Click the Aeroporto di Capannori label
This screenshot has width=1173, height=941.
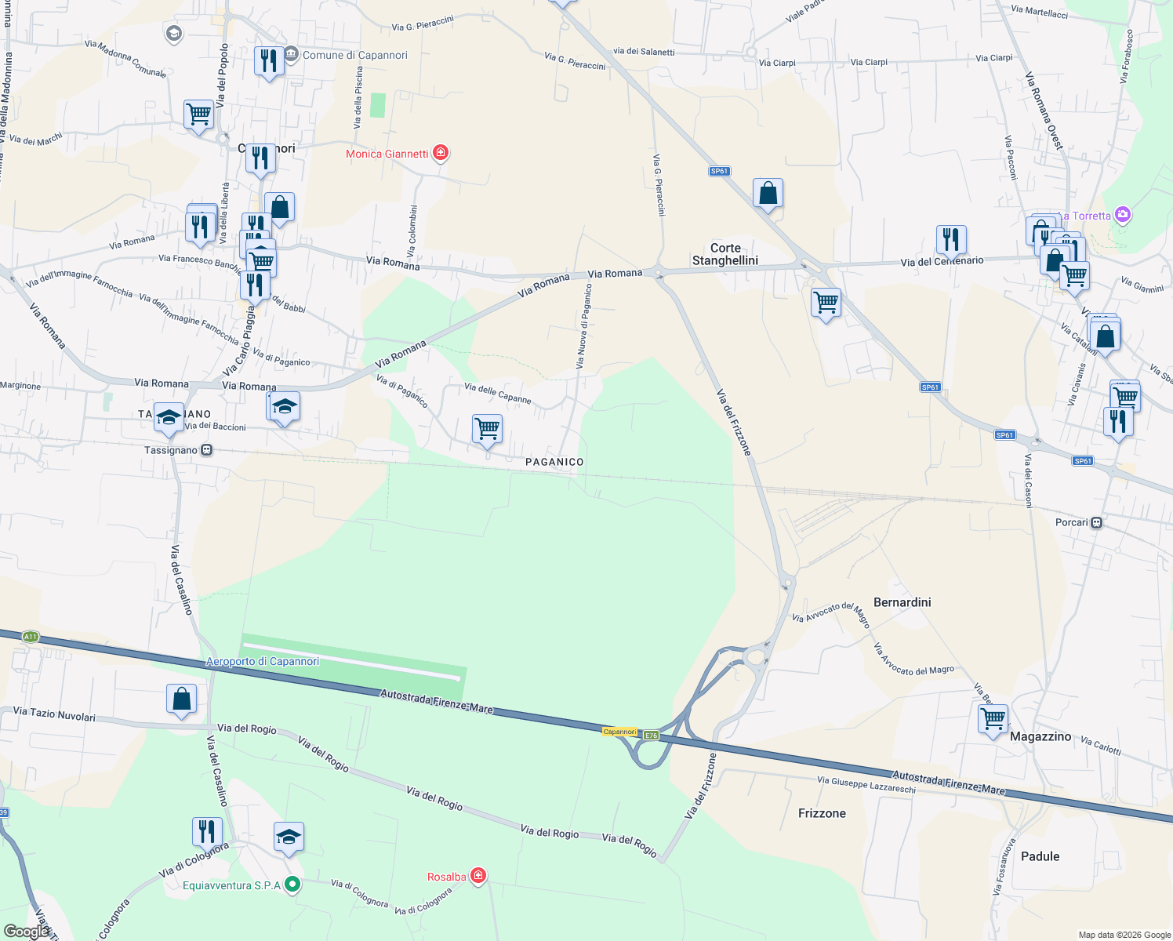coord(262,661)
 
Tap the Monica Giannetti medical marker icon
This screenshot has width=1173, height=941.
coord(441,152)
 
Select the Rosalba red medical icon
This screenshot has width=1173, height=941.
coord(478,875)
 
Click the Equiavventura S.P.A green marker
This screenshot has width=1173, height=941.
coord(292,885)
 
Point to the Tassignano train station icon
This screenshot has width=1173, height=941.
coord(206,450)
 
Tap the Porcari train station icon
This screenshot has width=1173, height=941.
coord(1097,522)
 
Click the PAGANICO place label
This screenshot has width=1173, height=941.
coord(554,462)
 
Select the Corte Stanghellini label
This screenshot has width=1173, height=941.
coord(725,254)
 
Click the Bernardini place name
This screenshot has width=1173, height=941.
coord(902,602)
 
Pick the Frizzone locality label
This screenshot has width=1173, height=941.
coord(822,813)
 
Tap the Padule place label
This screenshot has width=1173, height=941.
coord(1040,856)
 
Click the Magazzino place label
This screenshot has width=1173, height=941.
coord(1040,736)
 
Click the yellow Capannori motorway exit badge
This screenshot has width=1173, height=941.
coord(619,732)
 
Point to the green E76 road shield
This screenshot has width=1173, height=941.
coord(651,736)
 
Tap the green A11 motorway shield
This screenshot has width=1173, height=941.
coord(31,637)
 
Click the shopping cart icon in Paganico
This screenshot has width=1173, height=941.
coord(487,429)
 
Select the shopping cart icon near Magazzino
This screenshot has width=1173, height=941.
coord(993,718)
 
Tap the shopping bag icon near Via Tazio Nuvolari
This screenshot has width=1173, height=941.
coord(181,698)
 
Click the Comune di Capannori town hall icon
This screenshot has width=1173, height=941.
coord(292,54)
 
